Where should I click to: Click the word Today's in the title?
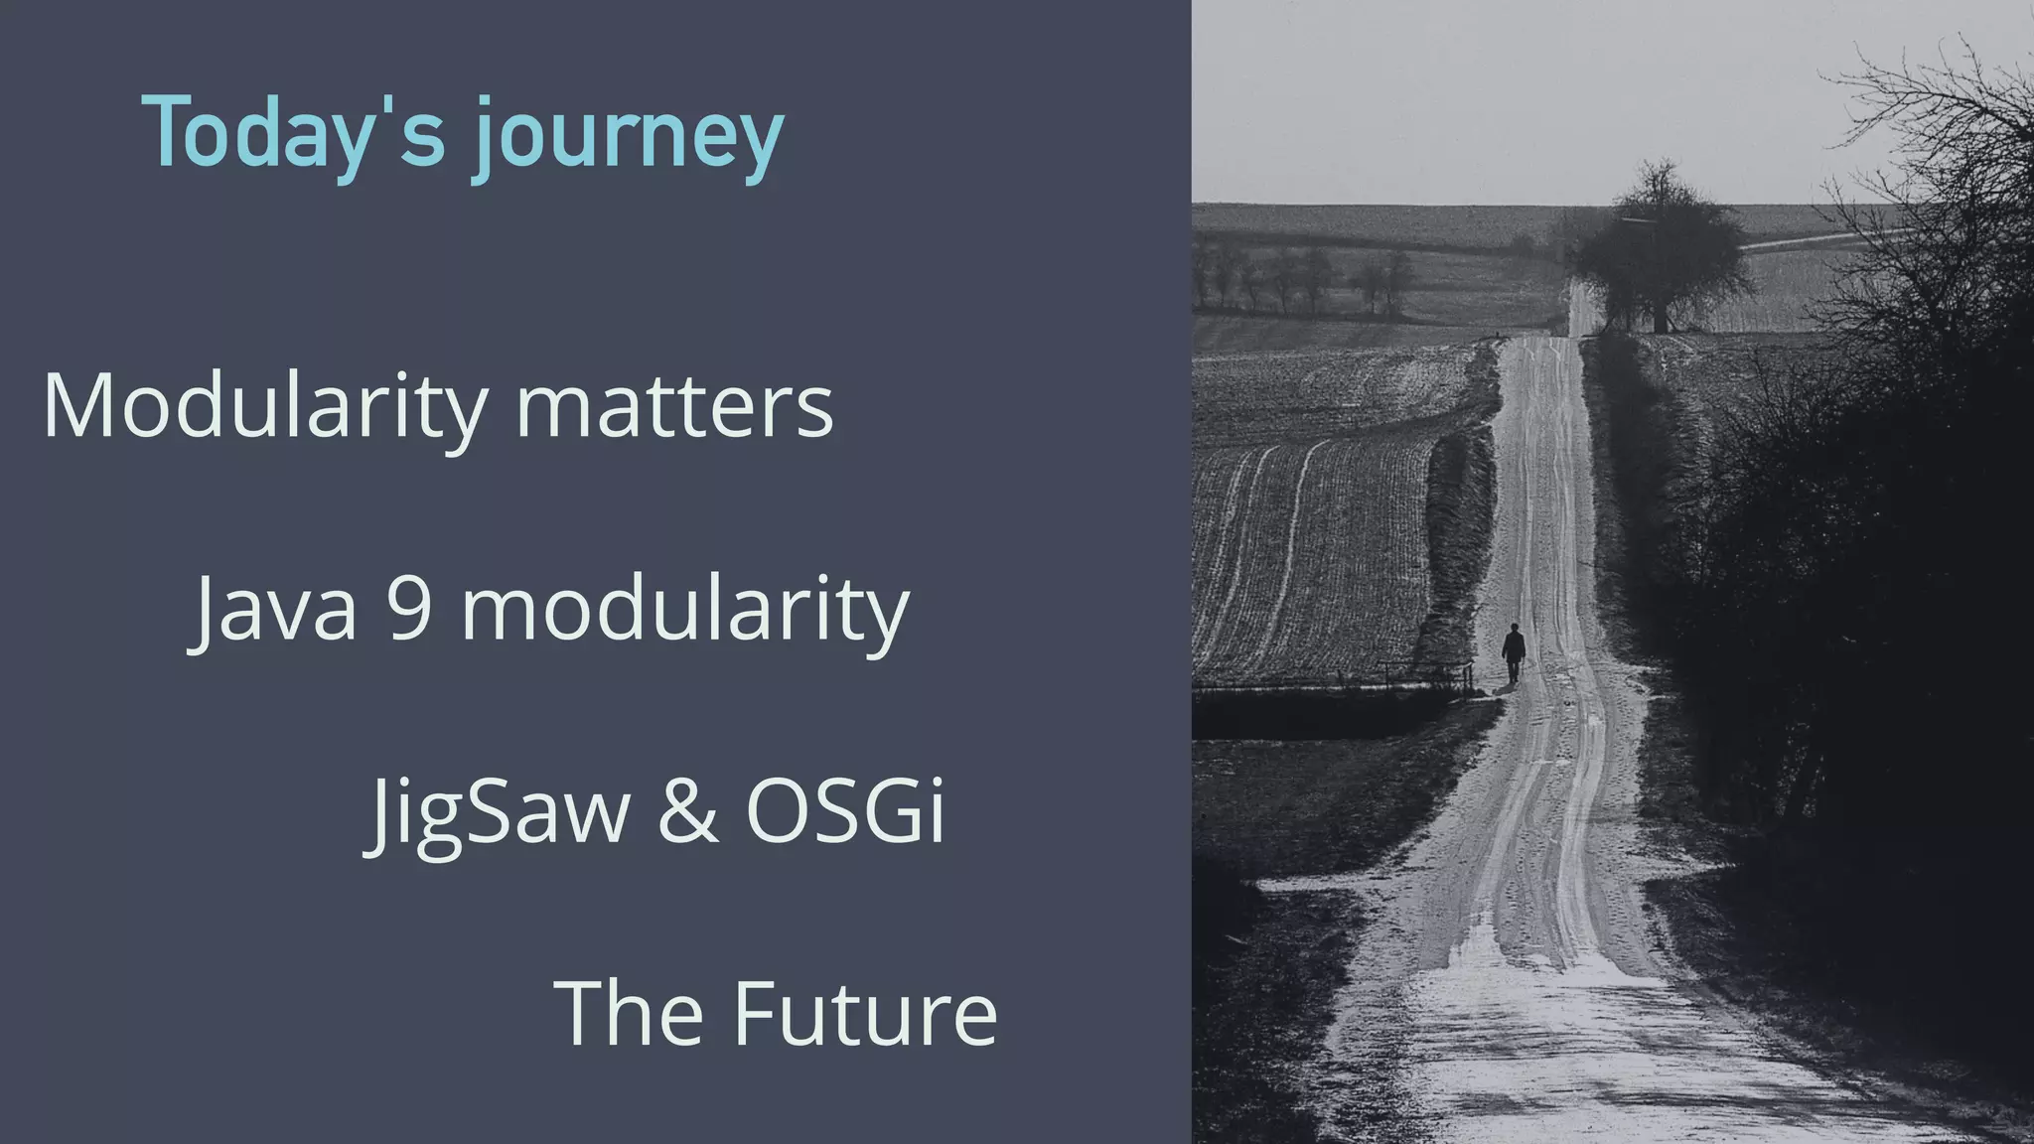[294, 134]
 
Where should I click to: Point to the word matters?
[674, 407]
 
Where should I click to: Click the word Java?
[274, 608]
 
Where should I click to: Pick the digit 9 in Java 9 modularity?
[408, 608]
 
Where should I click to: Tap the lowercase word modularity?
[685, 611]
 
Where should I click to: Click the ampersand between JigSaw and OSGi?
[687, 809]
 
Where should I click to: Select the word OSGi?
[845, 809]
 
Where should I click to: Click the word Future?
[865, 1012]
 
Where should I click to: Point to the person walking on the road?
[1513, 652]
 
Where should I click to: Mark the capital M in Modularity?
[78, 405]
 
